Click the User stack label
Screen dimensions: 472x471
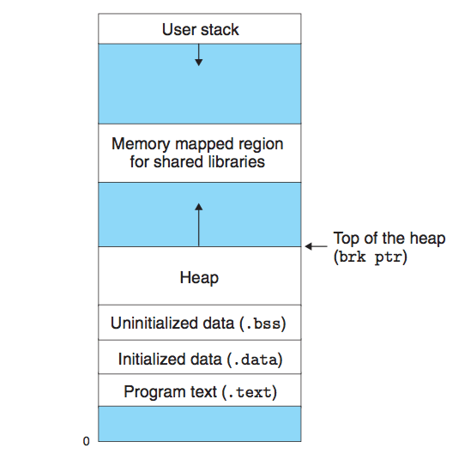click(x=200, y=30)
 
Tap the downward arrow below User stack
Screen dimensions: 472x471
click(x=199, y=55)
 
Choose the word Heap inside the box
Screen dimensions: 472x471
click(x=199, y=278)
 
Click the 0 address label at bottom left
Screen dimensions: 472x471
click(x=86, y=442)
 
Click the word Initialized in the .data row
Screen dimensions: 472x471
click(x=149, y=359)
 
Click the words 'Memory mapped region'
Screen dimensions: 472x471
click(x=197, y=143)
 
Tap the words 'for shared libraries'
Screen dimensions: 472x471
click(x=197, y=161)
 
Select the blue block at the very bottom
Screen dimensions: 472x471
click(x=199, y=424)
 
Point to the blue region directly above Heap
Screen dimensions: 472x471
click(x=249, y=215)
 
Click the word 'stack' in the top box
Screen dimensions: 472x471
click(x=220, y=30)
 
